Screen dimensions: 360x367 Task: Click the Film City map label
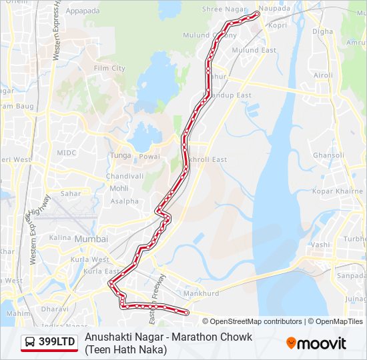[109, 68]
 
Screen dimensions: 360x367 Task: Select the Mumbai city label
[91, 239]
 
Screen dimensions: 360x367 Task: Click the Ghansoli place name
[328, 155]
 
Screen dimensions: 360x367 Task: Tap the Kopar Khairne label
[338, 191]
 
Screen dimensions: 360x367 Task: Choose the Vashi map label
[320, 245]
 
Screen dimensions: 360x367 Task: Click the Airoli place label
[323, 75]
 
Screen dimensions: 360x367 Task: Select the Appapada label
[83, 11]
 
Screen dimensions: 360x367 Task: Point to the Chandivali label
[125, 176]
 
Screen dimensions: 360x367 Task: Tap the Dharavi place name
[49, 309]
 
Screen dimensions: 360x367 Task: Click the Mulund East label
[254, 50]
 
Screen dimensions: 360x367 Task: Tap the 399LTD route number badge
[57, 343]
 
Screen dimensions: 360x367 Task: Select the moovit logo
[316, 343]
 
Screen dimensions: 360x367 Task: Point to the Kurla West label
[91, 259]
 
